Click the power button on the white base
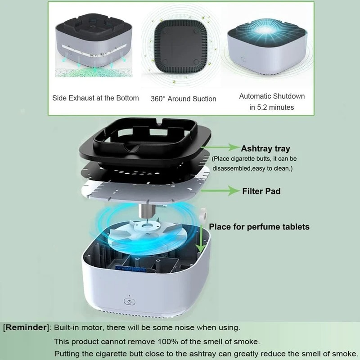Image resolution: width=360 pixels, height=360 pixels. [x=129, y=301]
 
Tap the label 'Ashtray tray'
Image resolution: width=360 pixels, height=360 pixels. [x=265, y=149]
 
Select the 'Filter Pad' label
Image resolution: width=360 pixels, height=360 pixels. [x=261, y=191]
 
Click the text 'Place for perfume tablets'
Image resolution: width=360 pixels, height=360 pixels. [x=259, y=227]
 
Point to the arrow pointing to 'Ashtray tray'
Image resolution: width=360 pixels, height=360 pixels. [x=220, y=147]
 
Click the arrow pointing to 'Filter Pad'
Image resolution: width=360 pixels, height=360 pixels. [x=220, y=190]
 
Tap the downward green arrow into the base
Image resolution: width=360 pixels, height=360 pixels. [x=201, y=239]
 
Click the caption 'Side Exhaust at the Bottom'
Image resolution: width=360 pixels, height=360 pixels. [x=95, y=98]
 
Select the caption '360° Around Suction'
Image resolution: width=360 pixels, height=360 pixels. [x=184, y=99]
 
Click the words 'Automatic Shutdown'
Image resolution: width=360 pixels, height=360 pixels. [x=272, y=96]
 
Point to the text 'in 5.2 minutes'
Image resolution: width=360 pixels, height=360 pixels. [x=272, y=107]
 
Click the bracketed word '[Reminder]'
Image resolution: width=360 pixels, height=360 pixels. [x=26, y=328]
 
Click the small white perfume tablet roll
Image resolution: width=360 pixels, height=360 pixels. [x=203, y=215]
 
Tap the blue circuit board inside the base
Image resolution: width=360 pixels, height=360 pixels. [x=129, y=268]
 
